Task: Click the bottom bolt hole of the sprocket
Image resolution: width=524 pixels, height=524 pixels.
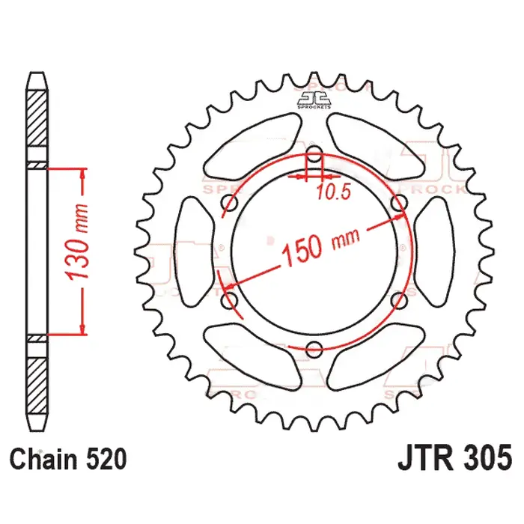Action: coord(314,347)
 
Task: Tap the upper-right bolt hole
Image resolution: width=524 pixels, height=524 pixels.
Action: coord(400,204)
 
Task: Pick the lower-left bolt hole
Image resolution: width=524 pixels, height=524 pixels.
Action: coord(230,300)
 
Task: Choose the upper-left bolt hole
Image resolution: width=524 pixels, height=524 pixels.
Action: coord(230,204)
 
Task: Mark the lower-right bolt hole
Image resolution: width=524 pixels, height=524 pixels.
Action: coord(400,300)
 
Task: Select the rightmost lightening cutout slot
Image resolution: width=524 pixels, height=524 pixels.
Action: coord(434,251)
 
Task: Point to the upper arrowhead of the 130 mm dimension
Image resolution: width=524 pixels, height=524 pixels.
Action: coord(82,174)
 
